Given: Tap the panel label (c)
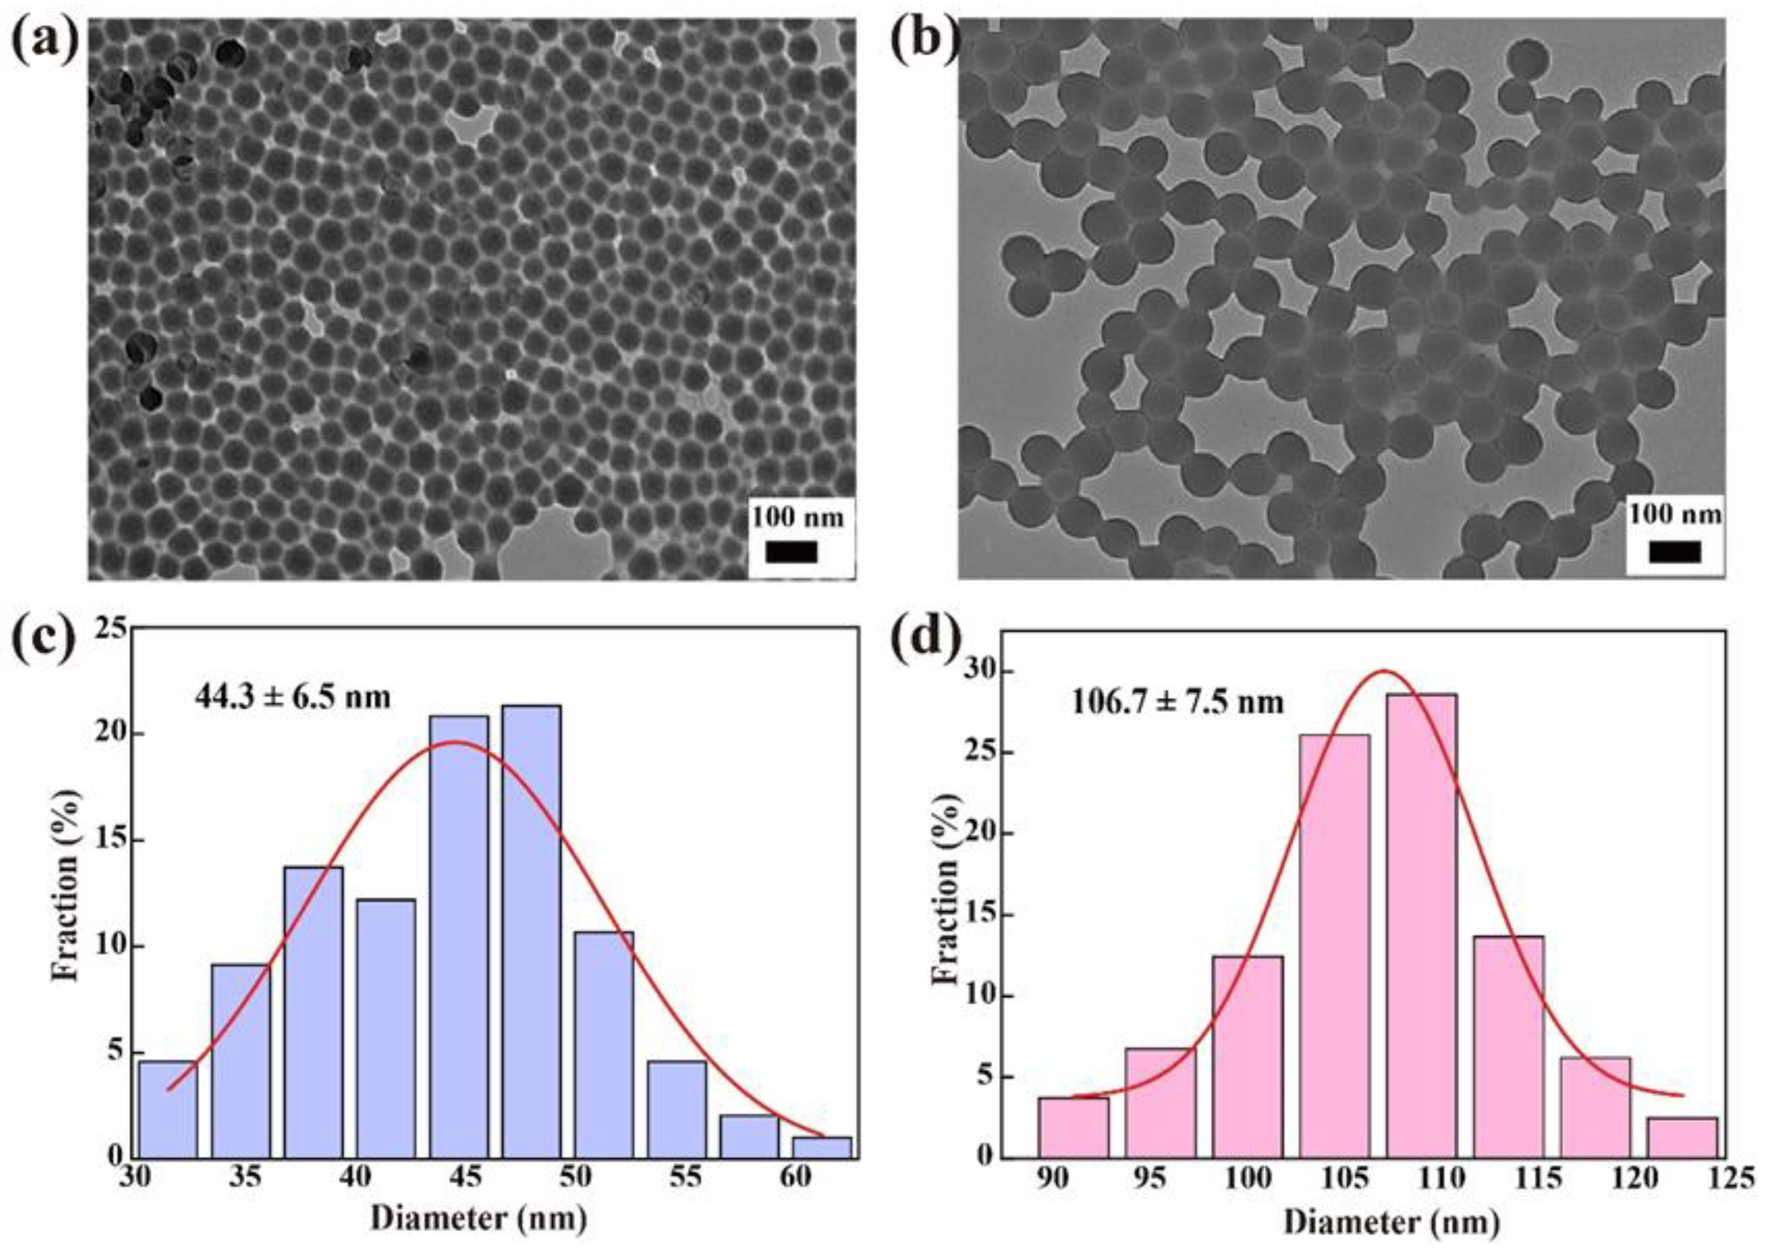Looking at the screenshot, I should (45, 646).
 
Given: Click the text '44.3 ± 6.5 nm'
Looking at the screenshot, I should (292, 698).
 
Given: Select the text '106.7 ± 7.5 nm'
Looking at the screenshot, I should (1178, 703).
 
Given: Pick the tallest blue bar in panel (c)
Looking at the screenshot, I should (531, 932).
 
